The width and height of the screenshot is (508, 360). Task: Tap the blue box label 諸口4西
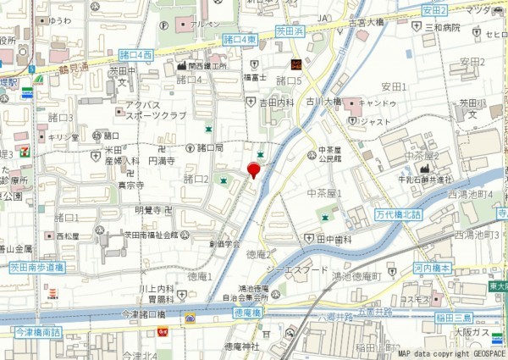[135, 53]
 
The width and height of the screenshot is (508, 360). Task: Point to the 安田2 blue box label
[433, 10]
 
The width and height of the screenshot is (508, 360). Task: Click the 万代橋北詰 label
[399, 215]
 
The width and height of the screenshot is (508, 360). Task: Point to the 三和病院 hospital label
[442, 28]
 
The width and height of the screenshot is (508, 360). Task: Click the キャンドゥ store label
[378, 102]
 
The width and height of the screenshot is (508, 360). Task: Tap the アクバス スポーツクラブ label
[155, 109]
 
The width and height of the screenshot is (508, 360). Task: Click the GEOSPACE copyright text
[450, 353]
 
